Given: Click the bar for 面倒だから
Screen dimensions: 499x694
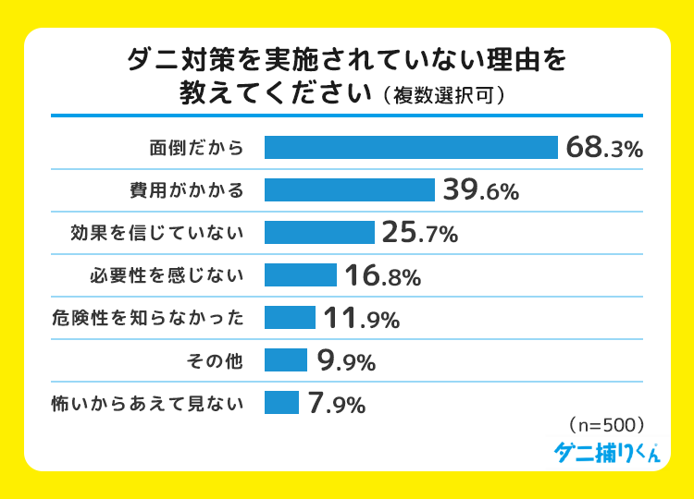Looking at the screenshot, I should tap(411, 148).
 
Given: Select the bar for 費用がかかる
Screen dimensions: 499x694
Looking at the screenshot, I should tap(350, 190).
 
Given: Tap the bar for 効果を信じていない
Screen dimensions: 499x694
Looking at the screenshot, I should tap(319, 233).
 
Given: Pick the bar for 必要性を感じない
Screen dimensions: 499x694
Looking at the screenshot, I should tap(301, 275).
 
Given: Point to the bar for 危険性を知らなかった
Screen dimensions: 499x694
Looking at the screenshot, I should tap(290, 318).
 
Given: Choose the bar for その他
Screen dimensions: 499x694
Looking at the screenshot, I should tap(286, 360).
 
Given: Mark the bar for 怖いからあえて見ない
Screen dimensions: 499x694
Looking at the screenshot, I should tap(281, 403).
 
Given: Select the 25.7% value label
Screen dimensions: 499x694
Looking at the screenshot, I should tap(420, 233).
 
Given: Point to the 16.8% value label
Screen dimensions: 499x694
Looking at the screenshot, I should tap(382, 275).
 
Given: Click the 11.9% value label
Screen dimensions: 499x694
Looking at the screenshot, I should tap(361, 318).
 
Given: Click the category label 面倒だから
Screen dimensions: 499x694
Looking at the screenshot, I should tap(196, 148).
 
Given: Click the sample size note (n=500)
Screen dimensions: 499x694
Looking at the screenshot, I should tap(603, 426).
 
